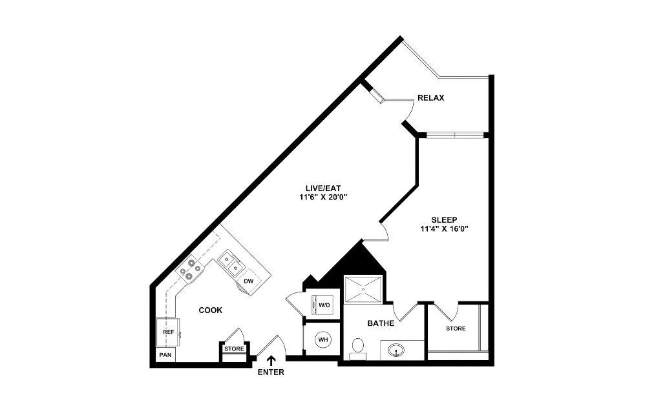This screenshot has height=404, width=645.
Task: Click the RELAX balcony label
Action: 431,98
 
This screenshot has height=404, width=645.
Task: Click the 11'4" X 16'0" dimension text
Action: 445,228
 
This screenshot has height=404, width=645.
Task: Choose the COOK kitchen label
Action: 210,310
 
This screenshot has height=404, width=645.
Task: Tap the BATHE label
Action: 381,323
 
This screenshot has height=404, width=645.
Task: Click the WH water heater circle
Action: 322,338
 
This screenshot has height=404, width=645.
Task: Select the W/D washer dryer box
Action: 322,305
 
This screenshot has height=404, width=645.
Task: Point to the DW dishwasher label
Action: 248,281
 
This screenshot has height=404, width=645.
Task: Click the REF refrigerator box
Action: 169,332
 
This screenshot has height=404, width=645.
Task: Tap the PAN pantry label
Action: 165,354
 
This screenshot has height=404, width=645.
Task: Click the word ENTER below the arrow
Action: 270,372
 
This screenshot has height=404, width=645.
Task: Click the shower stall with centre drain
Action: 363,289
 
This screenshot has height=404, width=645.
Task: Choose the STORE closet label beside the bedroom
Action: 455,328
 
